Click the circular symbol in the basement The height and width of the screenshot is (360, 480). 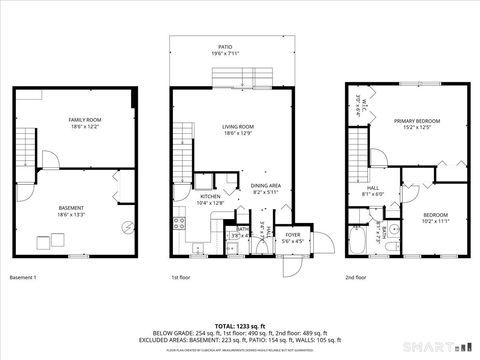pyautogui.click(x=127, y=226)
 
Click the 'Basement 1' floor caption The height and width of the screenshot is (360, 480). pyautogui.click(x=23, y=276)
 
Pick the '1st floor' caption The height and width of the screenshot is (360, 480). pyautogui.click(x=180, y=276)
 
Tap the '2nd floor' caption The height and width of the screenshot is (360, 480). pyautogui.click(x=357, y=276)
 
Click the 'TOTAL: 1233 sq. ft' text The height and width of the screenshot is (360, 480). pyautogui.click(x=238, y=325)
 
